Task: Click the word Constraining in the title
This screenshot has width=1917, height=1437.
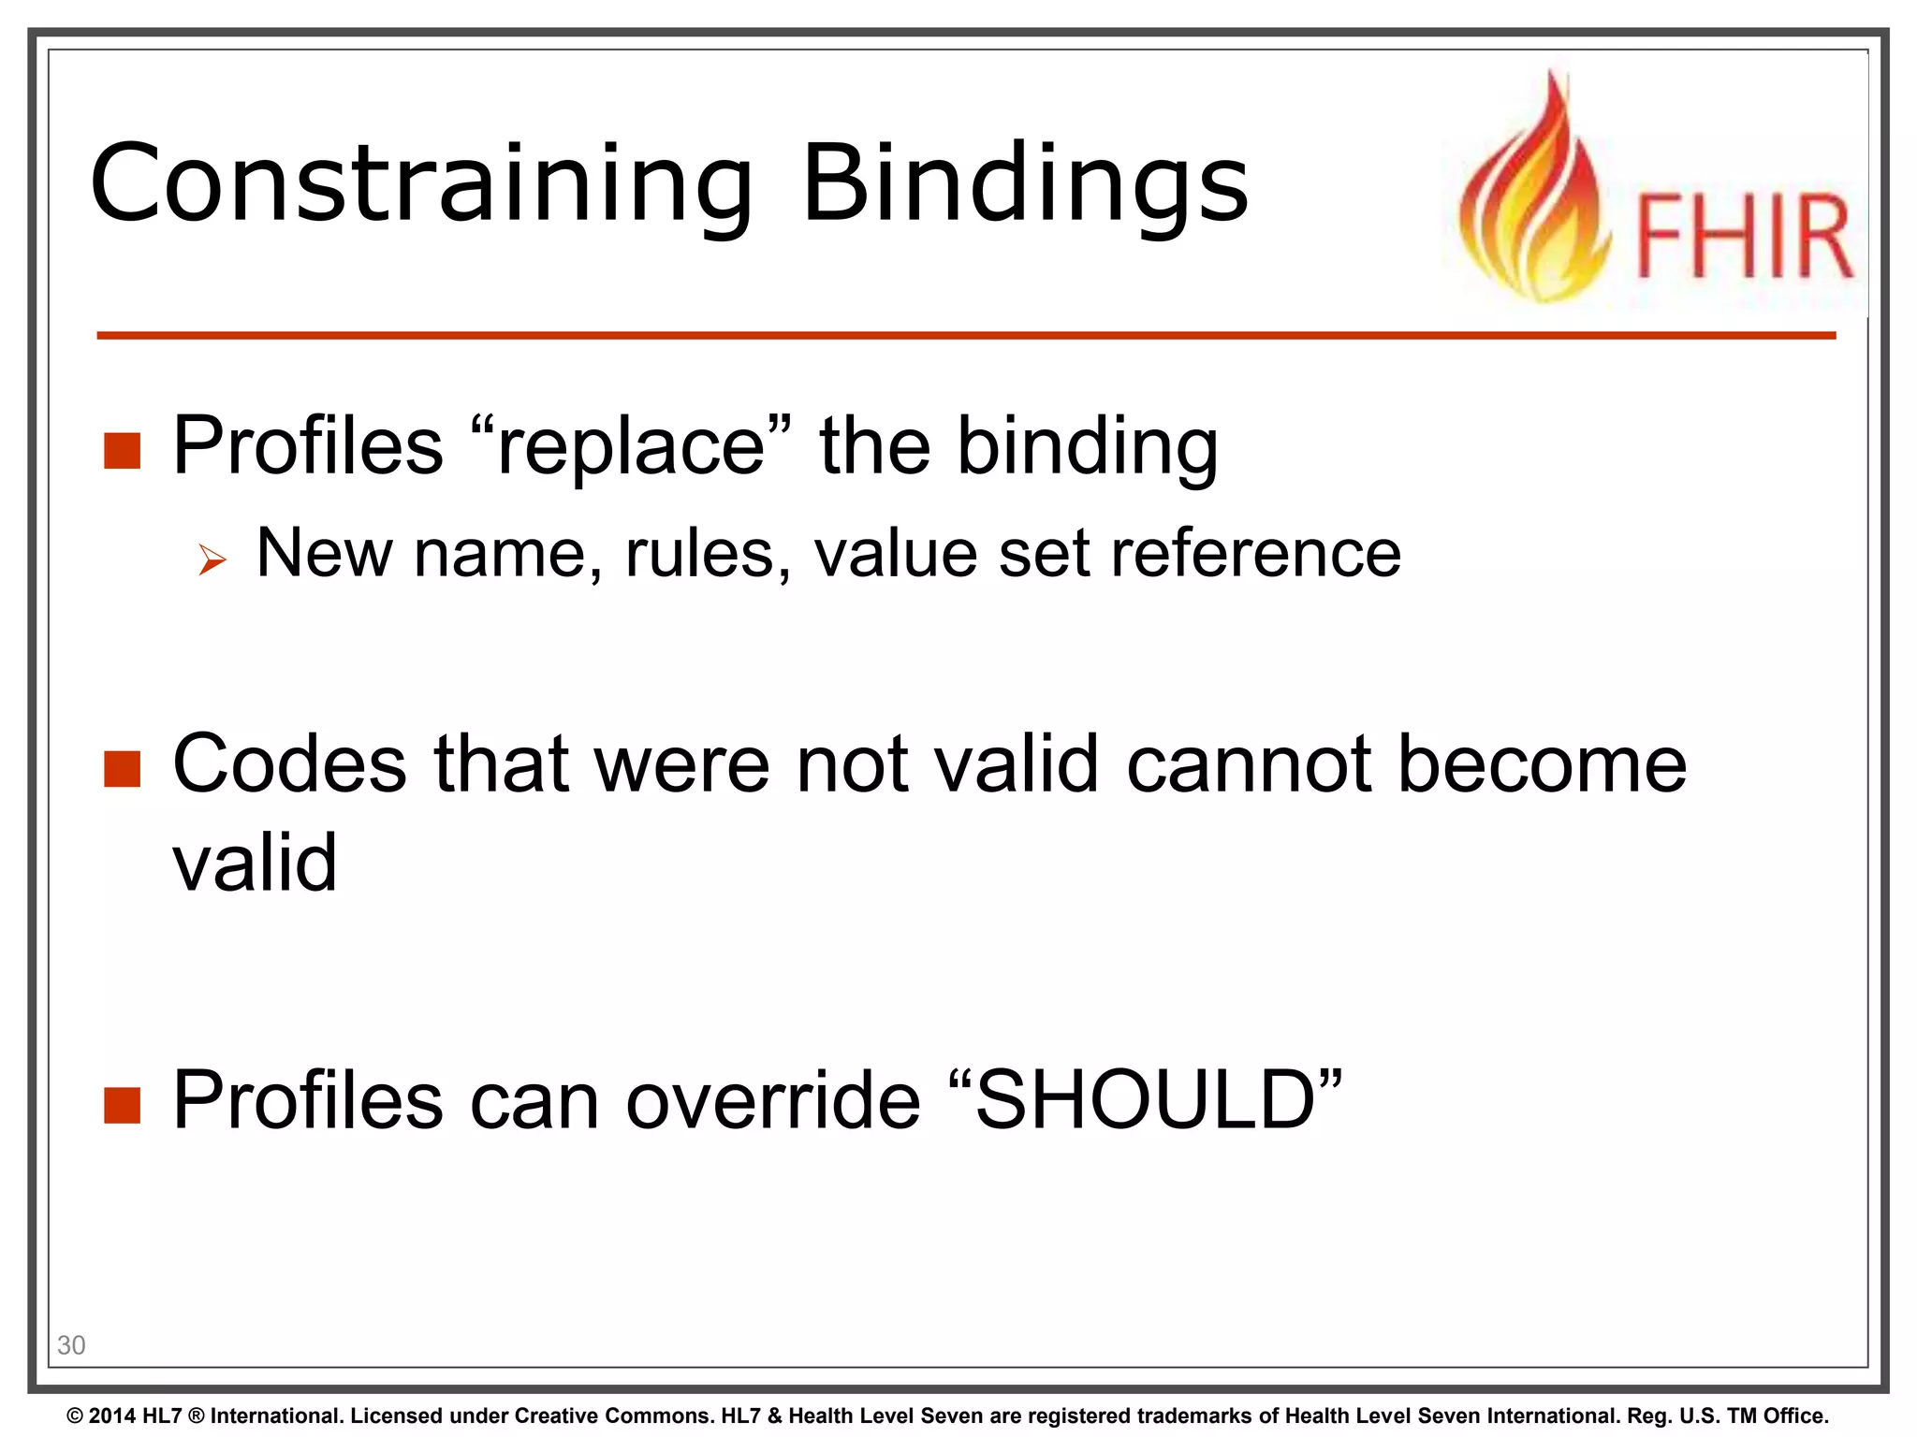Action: pyautogui.click(x=421, y=184)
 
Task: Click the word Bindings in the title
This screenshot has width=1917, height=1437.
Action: pyautogui.click(x=1025, y=184)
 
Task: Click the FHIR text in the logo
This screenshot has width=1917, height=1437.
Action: pyautogui.click(x=1743, y=237)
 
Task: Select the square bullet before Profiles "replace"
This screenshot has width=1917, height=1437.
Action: pyautogui.click(x=122, y=450)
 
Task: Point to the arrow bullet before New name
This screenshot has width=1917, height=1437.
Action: pyautogui.click(x=212, y=560)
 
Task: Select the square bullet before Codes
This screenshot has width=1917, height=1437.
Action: pyautogui.click(x=122, y=769)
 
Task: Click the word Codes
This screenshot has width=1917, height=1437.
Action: pyautogui.click(x=289, y=764)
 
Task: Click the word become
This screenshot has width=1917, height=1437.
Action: pyautogui.click(x=1542, y=764)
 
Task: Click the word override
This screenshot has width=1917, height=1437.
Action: pyautogui.click(x=773, y=1100)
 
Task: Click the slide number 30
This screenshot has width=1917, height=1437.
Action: pyautogui.click(x=71, y=1345)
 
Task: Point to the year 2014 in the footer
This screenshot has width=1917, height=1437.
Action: pyautogui.click(x=113, y=1415)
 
